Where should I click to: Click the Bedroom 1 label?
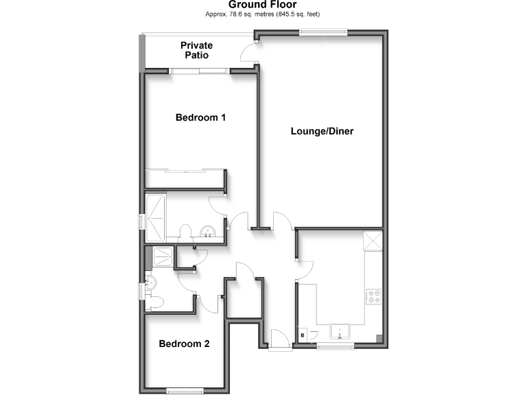[x=201, y=117]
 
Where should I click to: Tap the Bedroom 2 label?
[x=184, y=344]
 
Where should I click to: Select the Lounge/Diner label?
[x=322, y=131]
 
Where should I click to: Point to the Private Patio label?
[x=196, y=50]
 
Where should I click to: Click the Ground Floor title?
[x=263, y=5]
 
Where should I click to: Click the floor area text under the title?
[x=263, y=14]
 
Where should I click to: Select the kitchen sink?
[x=341, y=333]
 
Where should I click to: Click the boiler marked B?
[x=303, y=335]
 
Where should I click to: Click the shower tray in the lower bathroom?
[x=164, y=256]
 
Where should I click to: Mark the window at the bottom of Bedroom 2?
[x=185, y=391]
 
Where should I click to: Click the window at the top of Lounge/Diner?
[x=323, y=30]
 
